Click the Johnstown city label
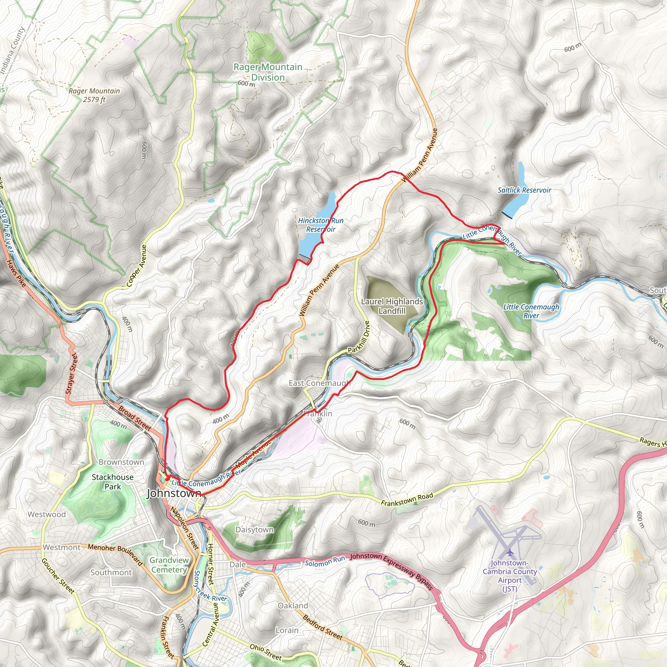click(x=174, y=493)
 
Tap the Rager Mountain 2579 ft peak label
click(x=94, y=95)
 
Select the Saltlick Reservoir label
click(x=524, y=190)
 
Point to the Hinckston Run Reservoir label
click(x=321, y=225)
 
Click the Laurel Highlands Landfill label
click(x=392, y=306)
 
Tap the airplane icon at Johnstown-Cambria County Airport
click(x=510, y=553)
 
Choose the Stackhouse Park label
click(x=113, y=482)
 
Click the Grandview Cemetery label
click(x=169, y=565)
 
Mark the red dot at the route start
click(x=167, y=479)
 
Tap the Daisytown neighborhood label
click(x=254, y=530)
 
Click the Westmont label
click(x=62, y=547)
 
